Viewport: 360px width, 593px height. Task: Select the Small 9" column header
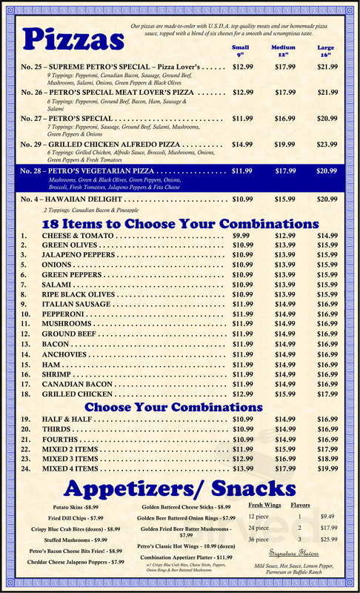click(x=240, y=51)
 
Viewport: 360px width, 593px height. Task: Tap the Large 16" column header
click(x=326, y=51)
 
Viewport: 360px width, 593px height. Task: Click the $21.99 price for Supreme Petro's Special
click(x=327, y=67)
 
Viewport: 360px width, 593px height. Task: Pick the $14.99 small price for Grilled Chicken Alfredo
click(x=242, y=144)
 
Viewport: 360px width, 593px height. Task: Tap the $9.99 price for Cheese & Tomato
click(x=241, y=235)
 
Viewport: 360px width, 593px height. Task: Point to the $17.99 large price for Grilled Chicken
click(x=327, y=394)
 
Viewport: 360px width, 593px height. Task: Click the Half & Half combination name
click(x=69, y=420)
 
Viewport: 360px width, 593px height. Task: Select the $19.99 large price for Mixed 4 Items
click(x=327, y=468)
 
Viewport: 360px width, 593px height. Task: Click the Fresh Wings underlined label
click(x=261, y=504)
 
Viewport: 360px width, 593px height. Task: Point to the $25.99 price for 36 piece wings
click(x=328, y=539)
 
